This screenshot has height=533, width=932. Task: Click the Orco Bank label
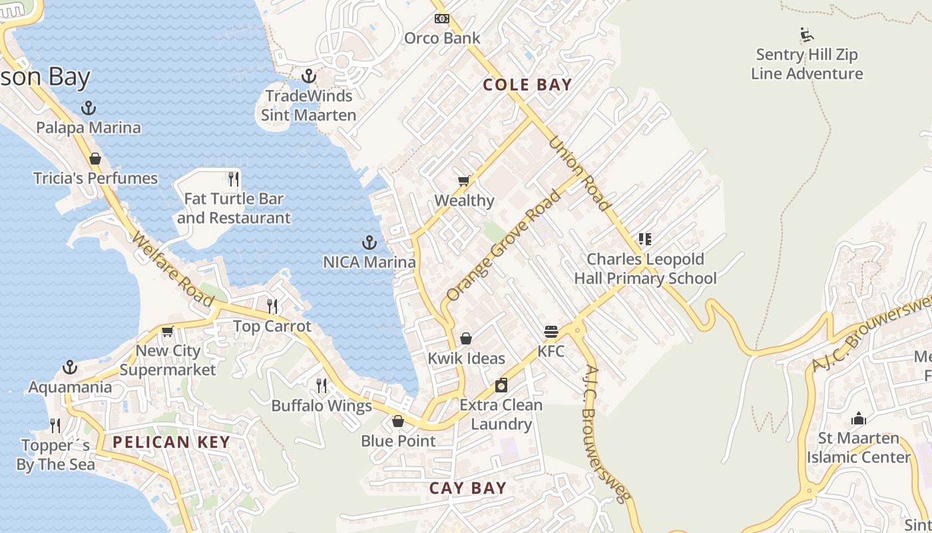click(x=442, y=38)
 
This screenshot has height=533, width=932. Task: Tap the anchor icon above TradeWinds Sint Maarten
click(x=308, y=76)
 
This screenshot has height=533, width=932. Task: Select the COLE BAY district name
click(x=527, y=85)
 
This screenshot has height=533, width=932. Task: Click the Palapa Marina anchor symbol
click(x=89, y=108)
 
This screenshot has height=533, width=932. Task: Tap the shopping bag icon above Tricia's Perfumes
click(x=95, y=159)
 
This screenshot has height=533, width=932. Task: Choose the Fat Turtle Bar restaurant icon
click(x=234, y=179)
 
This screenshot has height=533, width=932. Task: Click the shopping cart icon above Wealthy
click(x=464, y=181)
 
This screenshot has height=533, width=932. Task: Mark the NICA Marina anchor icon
click(x=369, y=243)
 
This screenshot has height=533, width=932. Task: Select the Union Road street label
click(x=579, y=174)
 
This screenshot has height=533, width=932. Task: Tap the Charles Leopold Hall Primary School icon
click(x=644, y=239)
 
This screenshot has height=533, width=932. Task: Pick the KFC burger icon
click(x=551, y=331)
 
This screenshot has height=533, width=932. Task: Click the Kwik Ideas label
click(x=466, y=358)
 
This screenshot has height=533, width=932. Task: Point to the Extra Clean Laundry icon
click(x=501, y=385)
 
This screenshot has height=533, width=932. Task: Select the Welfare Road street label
click(x=174, y=269)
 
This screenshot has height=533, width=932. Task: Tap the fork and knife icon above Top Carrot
click(x=272, y=306)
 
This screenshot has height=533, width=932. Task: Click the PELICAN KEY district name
click(x=171, y=442)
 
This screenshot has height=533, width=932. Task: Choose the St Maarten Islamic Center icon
click(x=858, y=418)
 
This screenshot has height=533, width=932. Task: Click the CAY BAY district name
click(x=468, y=488)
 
